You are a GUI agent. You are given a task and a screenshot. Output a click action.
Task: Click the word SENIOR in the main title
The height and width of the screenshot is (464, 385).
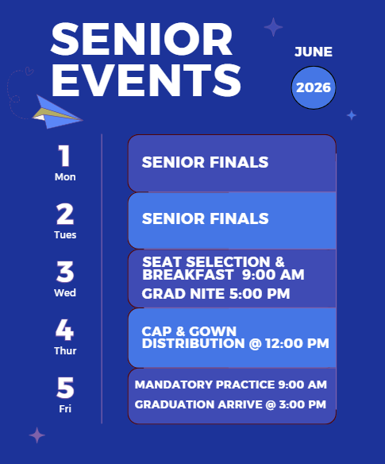(x=141, y=39)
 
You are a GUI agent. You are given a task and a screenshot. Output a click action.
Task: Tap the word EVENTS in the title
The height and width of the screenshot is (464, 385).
(x=146, y=80)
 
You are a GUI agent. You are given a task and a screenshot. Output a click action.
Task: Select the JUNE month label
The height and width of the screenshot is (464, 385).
(x=314, y=52)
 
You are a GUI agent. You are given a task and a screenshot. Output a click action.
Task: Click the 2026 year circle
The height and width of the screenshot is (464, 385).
(x=314, y=87)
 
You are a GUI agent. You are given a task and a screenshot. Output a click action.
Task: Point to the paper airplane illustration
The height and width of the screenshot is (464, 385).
(x=57, y=112)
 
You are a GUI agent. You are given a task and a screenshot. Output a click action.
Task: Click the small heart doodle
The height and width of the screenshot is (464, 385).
(x=29, y=71)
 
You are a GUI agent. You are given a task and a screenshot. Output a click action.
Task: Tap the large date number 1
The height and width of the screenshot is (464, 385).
(x=64, y=156)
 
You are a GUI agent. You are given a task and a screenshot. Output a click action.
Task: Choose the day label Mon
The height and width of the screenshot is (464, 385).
(x=65, y=177)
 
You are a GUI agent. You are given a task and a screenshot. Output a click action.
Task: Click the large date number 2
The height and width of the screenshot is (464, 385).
(x=65, y=214)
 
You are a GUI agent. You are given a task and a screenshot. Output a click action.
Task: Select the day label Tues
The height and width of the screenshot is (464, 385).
(x=65, y=235)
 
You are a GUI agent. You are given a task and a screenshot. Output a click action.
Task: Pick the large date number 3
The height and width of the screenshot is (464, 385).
(x=65, y=272)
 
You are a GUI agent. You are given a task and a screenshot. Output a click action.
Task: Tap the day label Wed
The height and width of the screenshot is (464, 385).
(x=65, y=293)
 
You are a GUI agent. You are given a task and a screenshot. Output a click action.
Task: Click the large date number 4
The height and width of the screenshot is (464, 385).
(x=64, y=330)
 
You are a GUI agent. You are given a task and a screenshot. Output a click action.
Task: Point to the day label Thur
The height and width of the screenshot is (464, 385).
(x=65, y=351)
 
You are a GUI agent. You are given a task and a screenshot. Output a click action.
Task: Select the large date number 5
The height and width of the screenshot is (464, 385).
(x=65, y=388)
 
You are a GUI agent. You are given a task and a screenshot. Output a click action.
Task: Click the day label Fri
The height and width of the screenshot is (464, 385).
(x=65, y=409)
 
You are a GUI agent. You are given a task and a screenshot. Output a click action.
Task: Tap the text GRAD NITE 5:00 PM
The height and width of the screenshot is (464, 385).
(x=216, y=294)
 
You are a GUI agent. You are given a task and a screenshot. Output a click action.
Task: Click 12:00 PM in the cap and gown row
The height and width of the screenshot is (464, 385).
(x=297, y=343)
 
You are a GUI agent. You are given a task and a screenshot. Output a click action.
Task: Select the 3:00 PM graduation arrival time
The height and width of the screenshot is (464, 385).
(x=302, y=404)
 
